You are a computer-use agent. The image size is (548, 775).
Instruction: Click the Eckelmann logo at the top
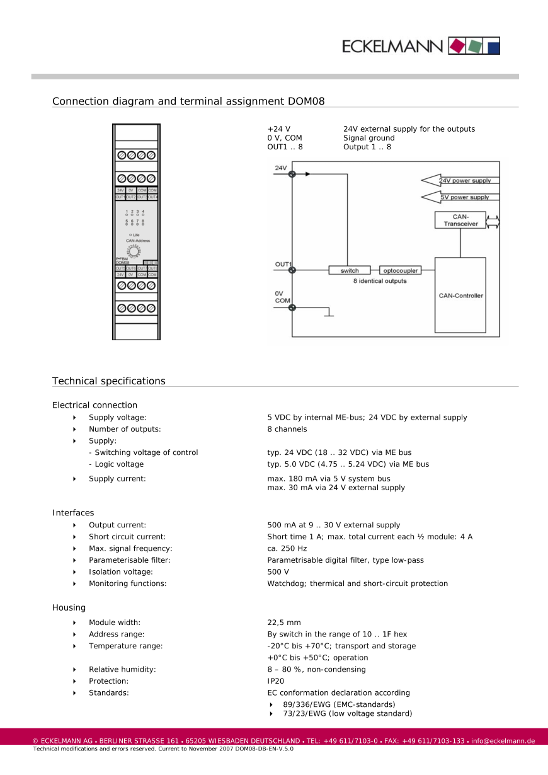pyautogui.click(x=421, y=46)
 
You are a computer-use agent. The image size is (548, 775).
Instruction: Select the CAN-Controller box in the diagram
pyautogui.click(x=460, y=295)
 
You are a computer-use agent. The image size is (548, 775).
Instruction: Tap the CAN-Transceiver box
pyautogui.click(x=460, y=220)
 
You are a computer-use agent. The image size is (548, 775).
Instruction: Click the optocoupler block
pyautogui.click(x=399, y=270)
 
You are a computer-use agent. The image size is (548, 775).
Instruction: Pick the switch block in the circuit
pyautogui.click(x=350, y=270)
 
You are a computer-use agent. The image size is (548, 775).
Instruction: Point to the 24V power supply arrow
pyautogui.click(x=460, y=181)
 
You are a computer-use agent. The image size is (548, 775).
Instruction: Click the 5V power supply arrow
pyautogui.click(x=460, y=197)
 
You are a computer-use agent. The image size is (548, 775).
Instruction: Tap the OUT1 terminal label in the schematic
pyautogui.click(x=283, y=264)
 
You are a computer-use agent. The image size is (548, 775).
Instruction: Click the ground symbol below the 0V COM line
pyautogui.click(x=328, y=313)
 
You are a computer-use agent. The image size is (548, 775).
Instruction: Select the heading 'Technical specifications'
pyautogui.click(x=109, y=381)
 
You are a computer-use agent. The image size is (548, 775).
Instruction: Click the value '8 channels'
pyautogui.click(x=287, y=429)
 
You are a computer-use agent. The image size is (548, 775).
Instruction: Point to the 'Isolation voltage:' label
pyautogui.click(x=121, y=571)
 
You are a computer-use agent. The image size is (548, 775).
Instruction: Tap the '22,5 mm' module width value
pyautogui.click(x=284, y=623)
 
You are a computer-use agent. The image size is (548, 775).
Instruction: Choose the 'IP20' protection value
pyautogui.click(x=276, y=681)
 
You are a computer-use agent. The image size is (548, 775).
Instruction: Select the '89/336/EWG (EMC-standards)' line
pyautogui.click(x=339, y=704)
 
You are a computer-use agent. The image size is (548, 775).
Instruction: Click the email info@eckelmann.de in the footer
pyautogui.click(x=503, y=741)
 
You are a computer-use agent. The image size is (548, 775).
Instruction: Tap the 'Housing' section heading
pyautogui.click(x=69, y=607)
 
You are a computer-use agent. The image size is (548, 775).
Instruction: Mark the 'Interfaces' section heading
pyautogui.click(x=73, y=513)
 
